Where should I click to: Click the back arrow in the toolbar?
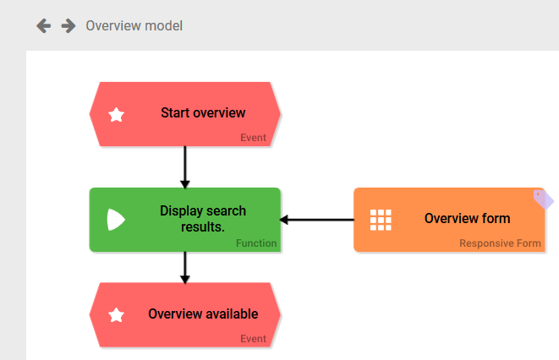coord(43,26)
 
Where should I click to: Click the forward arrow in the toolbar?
coord(69,26)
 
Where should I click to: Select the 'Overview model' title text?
coord(134,26)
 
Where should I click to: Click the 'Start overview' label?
coord(202,113)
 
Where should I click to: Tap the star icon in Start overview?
coord(117,114)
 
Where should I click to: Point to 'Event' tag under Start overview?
coord(252,138)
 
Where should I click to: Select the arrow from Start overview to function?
coord(184,167)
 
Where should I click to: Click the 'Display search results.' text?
coord(202,219)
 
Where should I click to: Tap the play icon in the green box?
coord(116,220)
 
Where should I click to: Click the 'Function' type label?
coord(256,243)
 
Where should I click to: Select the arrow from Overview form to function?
coord(316,220)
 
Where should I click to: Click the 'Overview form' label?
coord(467,219)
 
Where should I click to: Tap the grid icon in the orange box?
coord(381,220)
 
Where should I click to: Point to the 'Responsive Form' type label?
coord(500,243)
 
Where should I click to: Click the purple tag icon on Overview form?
coord(544,199)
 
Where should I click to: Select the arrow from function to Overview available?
coord(184,267)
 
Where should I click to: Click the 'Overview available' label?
coord(203,314)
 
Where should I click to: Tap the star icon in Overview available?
coord(117,315)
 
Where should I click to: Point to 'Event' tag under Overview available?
coord(252,339)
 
